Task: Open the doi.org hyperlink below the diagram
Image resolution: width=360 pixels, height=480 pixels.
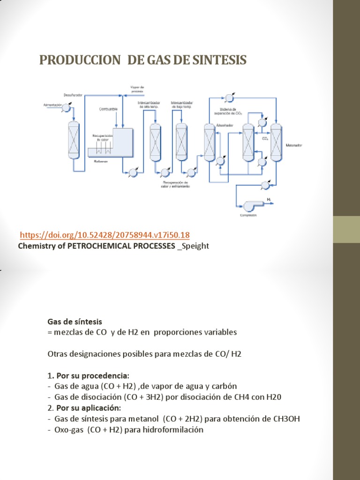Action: point(105,235)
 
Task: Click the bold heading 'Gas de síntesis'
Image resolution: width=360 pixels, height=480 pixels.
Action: point(75,322)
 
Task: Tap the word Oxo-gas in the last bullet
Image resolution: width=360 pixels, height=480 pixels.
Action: point(68,430)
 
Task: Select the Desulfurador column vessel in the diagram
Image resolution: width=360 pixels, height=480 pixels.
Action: point(74,141)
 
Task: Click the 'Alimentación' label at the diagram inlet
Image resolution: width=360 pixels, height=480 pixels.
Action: point(53,105)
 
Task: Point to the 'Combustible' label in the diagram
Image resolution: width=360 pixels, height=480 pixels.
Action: point(107,109)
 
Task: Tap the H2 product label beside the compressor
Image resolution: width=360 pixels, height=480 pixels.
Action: point(269,200)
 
